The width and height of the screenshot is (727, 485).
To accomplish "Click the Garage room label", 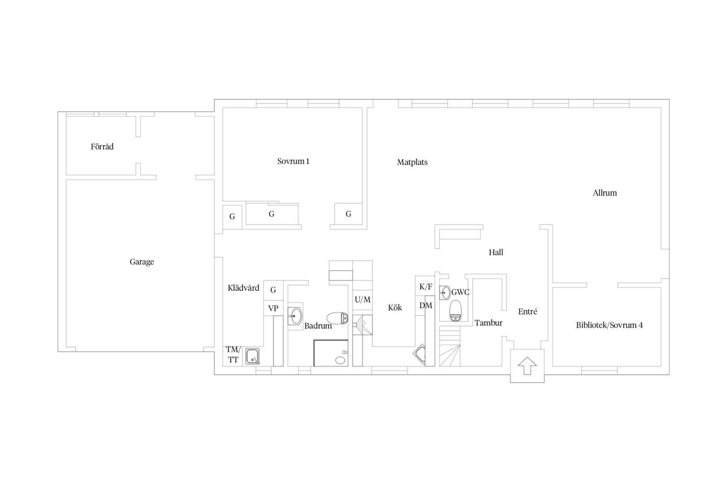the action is coord(142,262).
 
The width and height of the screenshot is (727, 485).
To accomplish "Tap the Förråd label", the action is coord(102,146).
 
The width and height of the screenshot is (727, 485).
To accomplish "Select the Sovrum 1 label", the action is coord(293,161).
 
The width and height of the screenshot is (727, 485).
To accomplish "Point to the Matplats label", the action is coord(412,162).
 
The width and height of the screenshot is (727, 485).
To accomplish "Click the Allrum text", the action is coord(604,193).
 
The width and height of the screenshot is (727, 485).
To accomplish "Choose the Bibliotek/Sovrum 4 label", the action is coord(609,325).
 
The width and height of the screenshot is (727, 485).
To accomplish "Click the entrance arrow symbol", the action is coord(527,366).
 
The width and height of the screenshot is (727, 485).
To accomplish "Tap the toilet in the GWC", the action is coord(455,311).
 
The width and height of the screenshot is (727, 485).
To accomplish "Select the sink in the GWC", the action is coord(445,293).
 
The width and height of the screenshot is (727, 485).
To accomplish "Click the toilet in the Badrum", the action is coord(337,318).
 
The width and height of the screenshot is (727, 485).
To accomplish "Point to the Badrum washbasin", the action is coord(295,316).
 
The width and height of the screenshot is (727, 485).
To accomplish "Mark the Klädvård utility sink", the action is coord(252,357).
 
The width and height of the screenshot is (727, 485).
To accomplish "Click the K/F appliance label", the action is coord(425,287).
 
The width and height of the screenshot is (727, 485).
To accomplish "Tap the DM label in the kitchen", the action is coord(425,305).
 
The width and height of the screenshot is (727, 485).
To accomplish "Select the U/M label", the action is coord(363,300).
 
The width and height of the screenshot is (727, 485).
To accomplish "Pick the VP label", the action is coord(273,308).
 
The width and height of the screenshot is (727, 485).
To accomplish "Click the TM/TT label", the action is coord(233,354).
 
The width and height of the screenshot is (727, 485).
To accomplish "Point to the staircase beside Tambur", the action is coord(450,346).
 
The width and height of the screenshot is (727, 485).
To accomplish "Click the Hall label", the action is coord(496,252).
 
